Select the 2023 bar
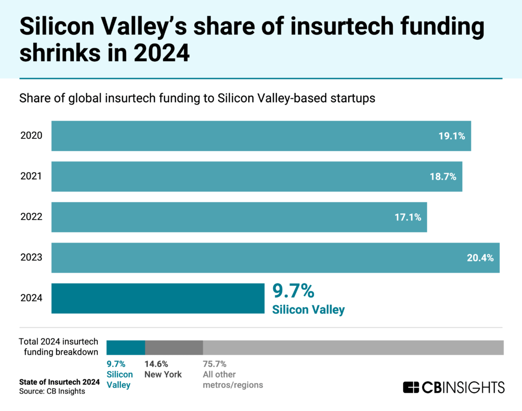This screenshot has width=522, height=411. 275,258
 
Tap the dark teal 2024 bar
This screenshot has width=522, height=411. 158,298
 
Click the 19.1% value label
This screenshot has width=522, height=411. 452,136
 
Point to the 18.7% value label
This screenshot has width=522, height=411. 443,177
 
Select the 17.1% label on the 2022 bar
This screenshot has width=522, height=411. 408,217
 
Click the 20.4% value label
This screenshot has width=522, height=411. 480,258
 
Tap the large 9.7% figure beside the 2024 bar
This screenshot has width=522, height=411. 293,291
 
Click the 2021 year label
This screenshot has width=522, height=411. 31,177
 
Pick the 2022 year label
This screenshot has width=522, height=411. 31,217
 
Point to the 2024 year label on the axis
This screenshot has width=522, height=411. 31,298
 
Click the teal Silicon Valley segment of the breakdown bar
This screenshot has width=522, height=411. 125,347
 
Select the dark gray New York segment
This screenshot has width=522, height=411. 174,347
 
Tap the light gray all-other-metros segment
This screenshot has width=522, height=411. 353,347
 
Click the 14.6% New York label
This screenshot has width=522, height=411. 156,364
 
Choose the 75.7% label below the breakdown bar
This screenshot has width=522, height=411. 215,364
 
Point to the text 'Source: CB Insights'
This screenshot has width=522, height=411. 52,391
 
